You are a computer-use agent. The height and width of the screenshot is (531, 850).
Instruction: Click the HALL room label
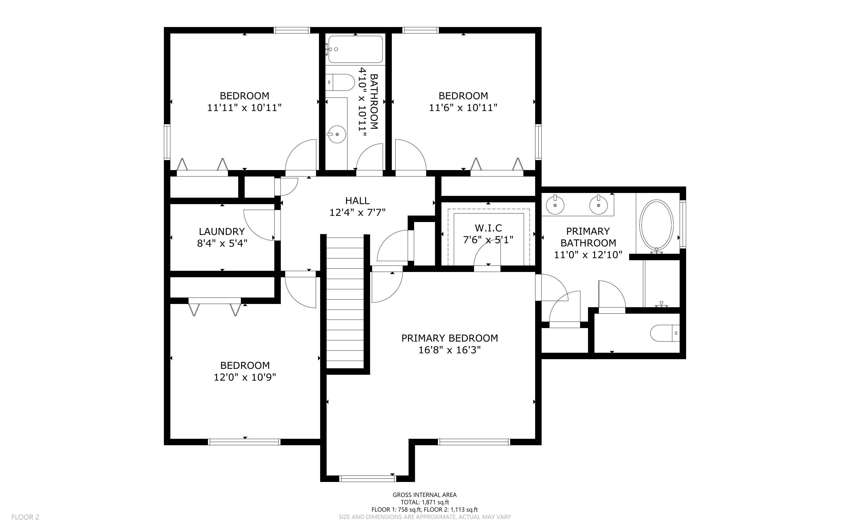[x=357, y=201]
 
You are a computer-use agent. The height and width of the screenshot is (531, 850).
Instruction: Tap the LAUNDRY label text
[x=221, y=231]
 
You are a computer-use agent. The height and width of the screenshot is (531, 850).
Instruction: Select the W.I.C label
[x=488, y=228]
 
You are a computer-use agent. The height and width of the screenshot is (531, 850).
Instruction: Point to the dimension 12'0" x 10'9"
[x=245, y=377]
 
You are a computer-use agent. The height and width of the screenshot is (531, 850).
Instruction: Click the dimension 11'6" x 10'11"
[x=463, y=107]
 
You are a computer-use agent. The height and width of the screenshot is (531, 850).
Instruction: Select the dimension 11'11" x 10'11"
[x=244, y=107]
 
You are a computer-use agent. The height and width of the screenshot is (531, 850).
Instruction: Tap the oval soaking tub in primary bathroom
[x=656, y=225]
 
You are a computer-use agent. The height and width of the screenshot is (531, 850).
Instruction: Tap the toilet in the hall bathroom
[x=340, y=82]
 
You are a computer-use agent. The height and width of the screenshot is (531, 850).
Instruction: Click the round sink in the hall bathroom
[x=337, y=134]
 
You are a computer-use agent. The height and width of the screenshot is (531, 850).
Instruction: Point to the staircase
[x=345, y=302]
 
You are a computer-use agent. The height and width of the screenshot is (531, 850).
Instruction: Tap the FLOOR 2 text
[x=25, y=517]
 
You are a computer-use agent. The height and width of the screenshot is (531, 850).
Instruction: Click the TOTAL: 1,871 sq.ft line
[x=424, y=502]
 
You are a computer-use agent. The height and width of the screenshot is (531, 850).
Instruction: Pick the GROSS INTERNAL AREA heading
[x=424, y=495]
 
